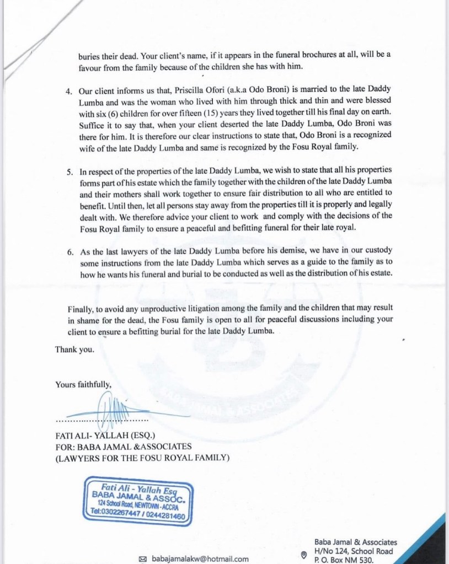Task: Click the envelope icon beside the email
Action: (x=143, y=558)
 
